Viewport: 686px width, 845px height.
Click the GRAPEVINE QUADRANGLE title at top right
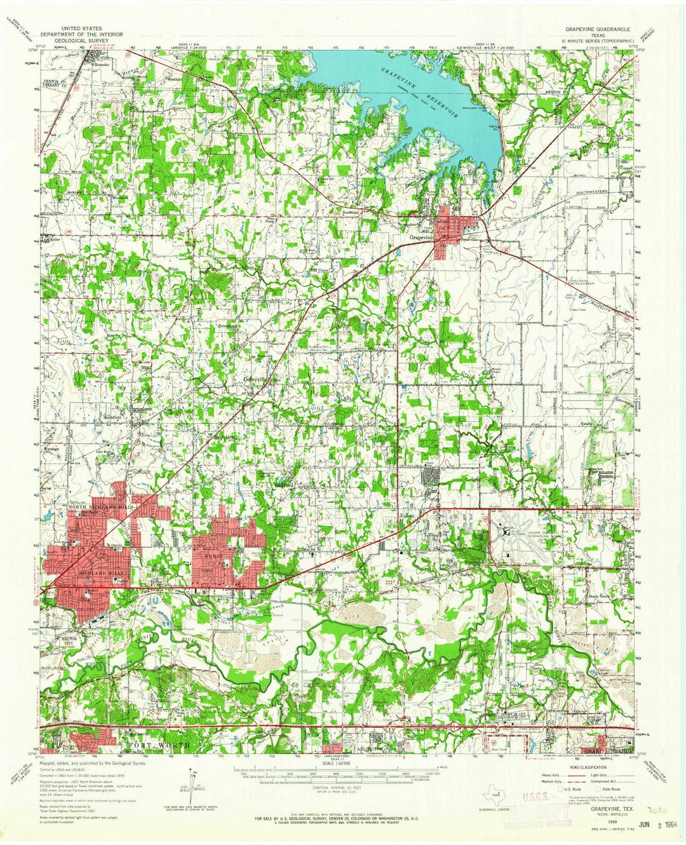point(595,30)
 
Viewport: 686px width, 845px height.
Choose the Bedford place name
point(283,484)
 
